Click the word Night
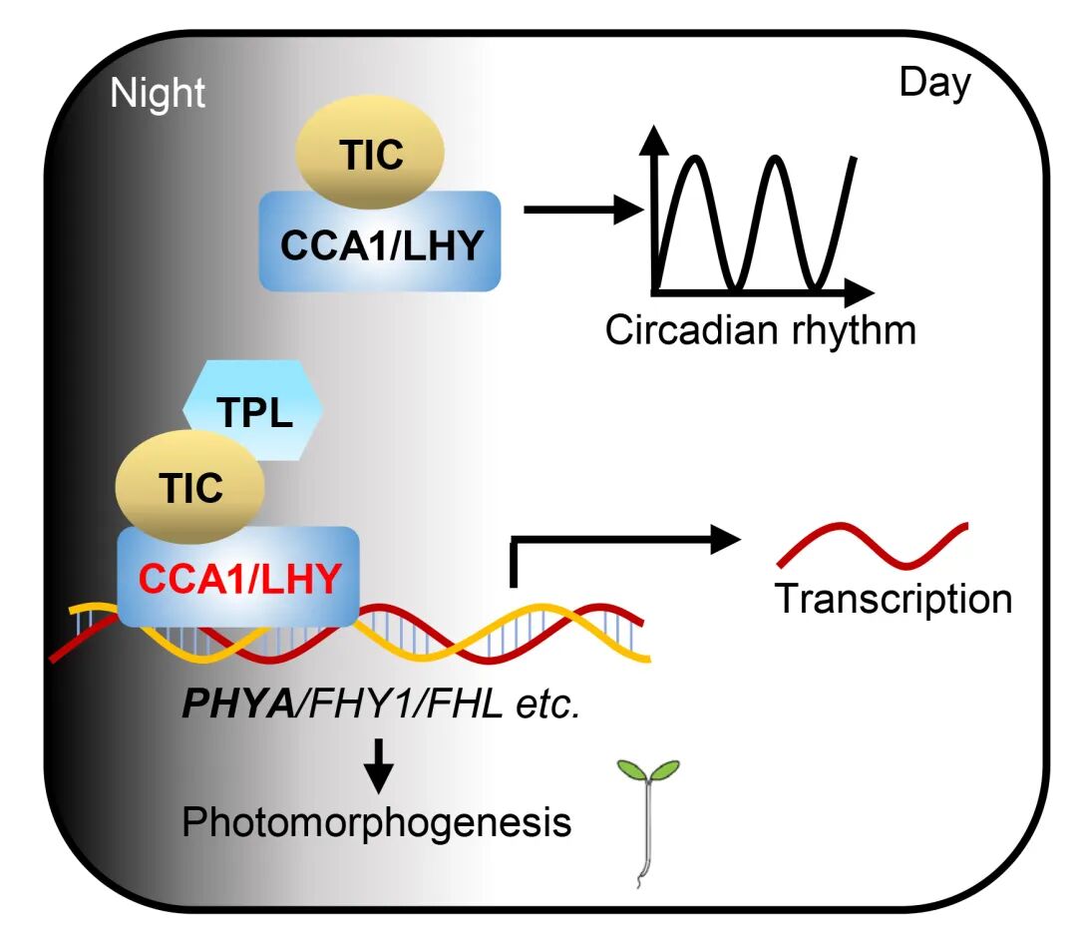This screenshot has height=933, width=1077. click(x=158, y=93)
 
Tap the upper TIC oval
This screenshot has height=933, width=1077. click(x=370, y=155)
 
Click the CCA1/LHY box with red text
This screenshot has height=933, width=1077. click(x=239, y=577)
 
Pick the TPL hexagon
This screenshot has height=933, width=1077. click(x=253, y=410)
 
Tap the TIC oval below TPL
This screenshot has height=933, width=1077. click(x=190, y=488)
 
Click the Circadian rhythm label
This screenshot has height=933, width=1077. click(x=760, y=329)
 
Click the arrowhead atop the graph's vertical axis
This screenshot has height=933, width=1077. click(x=654, y=143)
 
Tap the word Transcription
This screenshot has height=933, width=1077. click(x=894, y=599)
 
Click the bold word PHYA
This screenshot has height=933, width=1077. click(x=240, y=705)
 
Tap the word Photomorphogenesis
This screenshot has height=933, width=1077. click(x=377, y=824)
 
